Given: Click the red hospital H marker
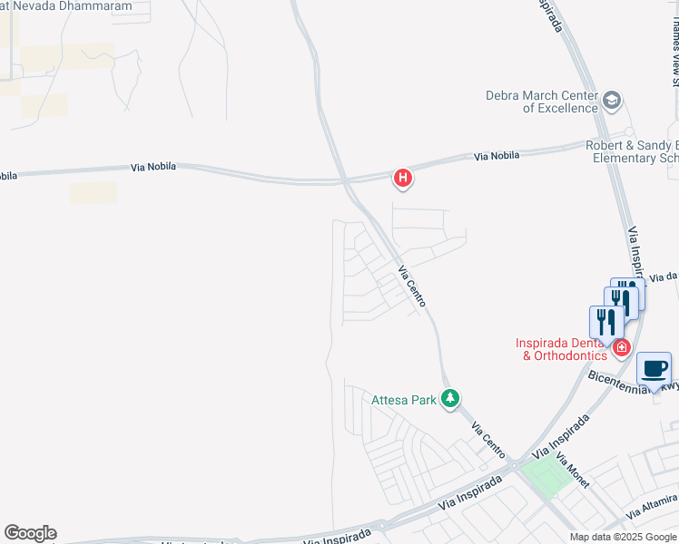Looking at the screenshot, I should (403, 179).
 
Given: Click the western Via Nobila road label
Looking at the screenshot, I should (153, 167).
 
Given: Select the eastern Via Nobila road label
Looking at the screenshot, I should (497, 156).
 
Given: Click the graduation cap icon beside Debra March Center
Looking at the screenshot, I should (612, 100).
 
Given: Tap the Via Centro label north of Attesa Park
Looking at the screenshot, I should (412, 286).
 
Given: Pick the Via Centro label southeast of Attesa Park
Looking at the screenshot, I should (487, 438).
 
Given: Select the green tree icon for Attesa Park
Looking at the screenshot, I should (449, 398).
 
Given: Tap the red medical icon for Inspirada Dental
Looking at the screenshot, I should (622, 347).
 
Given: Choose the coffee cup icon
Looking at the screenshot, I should (654, 370).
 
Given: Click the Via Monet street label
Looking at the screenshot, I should (573, 471).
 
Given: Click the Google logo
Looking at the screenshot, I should (30, 533).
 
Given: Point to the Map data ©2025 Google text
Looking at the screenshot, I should (622, 537).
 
